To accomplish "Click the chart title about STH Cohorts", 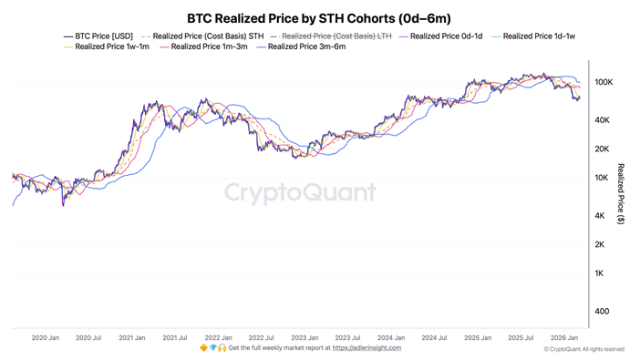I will pos(318,18).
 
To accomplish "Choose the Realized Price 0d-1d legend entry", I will pos(446,36).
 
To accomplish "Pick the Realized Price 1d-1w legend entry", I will pos(538,36).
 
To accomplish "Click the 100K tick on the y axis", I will pos(603,82).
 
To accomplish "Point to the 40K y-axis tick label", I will pos(603,120).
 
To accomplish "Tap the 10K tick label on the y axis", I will pos(603,178).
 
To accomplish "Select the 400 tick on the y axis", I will pos(603,312).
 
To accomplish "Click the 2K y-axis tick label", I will pos(600,244).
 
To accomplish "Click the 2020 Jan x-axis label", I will pos(46,338).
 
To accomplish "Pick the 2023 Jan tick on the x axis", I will pos(305,338).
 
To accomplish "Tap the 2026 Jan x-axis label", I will pos(564,338).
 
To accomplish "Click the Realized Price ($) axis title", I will pos(621,194).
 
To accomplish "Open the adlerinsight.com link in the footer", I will pos(366,348).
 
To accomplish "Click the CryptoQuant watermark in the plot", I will pos(300,192).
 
